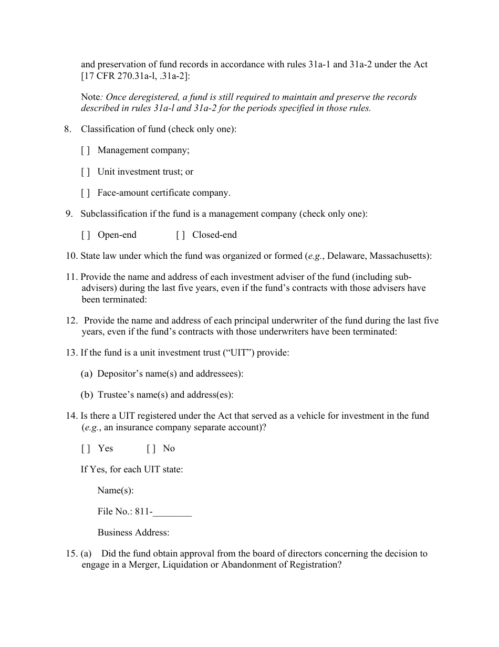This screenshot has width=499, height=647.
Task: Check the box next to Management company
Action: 86,150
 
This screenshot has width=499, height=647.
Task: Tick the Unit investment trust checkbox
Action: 86,172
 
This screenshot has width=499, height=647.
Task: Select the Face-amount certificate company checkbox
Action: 86,193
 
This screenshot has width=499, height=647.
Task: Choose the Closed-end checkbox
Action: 180,235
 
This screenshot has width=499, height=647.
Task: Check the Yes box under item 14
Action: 86,449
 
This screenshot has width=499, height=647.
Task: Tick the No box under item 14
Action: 151,449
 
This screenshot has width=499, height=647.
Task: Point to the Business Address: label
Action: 133,533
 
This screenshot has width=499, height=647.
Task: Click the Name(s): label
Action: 116,491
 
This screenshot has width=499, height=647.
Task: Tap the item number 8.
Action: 68,129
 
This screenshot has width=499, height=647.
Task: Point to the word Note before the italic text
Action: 90,97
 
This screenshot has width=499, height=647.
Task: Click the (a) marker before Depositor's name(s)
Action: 87,374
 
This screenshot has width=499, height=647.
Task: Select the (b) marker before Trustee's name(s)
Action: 87,395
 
